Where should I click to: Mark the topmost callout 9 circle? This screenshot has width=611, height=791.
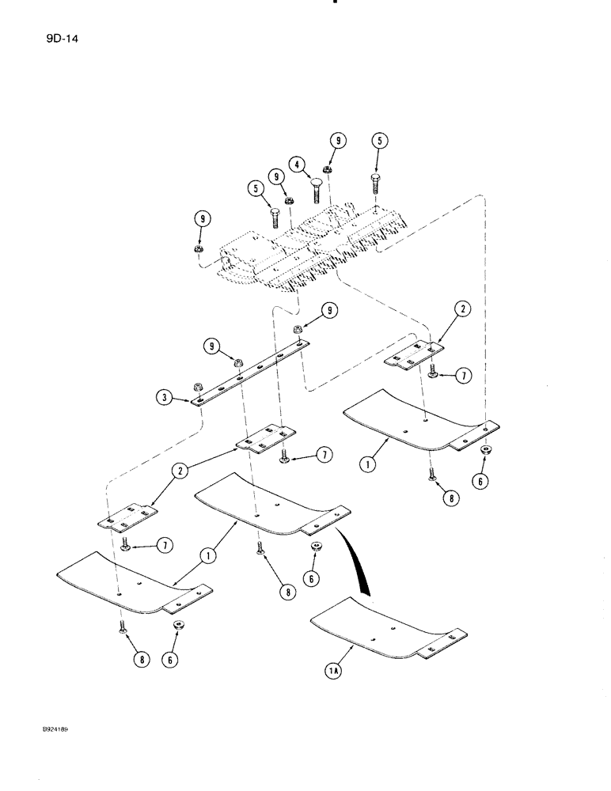(337, 142)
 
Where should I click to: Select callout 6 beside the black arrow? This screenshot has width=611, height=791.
(311, 579)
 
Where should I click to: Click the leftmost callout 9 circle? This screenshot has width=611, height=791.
(200, 217)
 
